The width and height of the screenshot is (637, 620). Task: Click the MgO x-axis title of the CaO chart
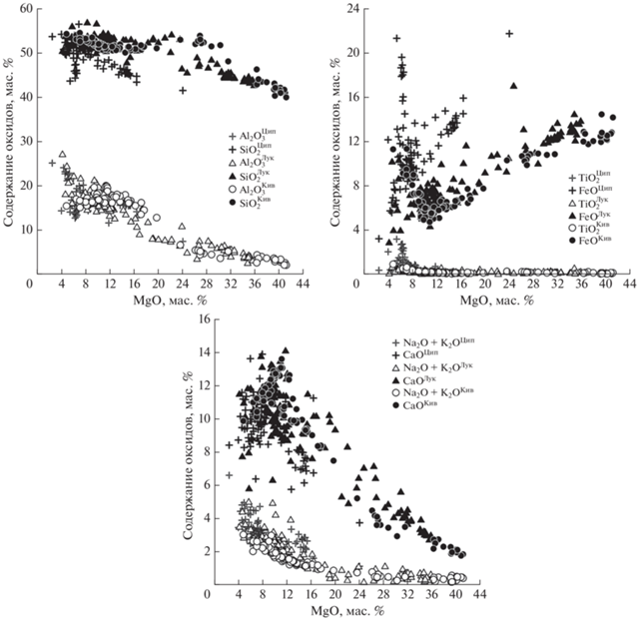click(x=340, y=610)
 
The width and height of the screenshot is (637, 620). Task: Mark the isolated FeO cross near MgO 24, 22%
click(x=509, y=33)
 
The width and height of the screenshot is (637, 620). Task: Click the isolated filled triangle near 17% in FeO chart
click(x=513, y=86)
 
